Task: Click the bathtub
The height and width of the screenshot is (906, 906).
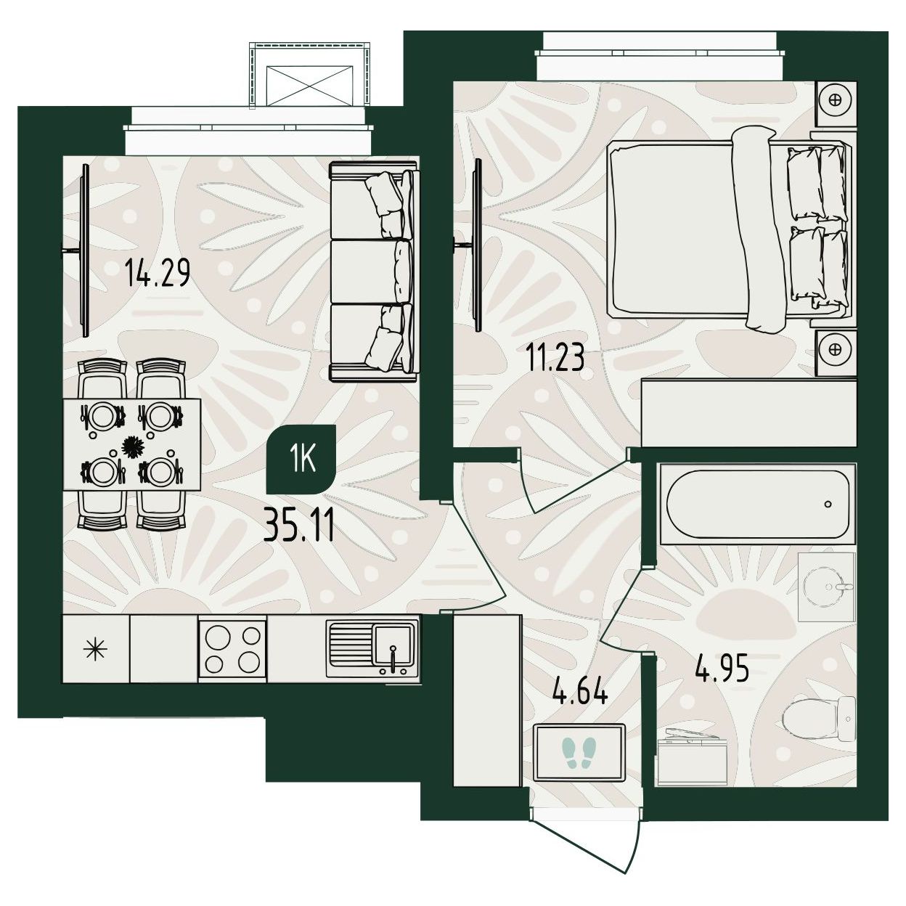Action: pyautogui.click(x=757, y=504)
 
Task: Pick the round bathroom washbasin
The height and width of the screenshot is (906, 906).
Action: pyautogui.click(x=826, y=586)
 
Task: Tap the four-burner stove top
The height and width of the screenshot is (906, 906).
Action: pyautogui.click(x=233, y=649)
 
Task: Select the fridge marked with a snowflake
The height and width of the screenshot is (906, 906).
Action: pyautogui.click(x=96, y=649)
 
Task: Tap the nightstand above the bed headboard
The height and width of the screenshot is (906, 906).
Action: pyautogui.click(x=836, y=103)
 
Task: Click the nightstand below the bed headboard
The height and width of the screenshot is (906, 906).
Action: pyautogui.click(x=836, y=352)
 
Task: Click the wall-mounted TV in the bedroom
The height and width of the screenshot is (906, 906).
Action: pyautogui.click(x=478, y=245)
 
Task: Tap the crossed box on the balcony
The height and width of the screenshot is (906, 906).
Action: pyautogui.click(x=309, y=87)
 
